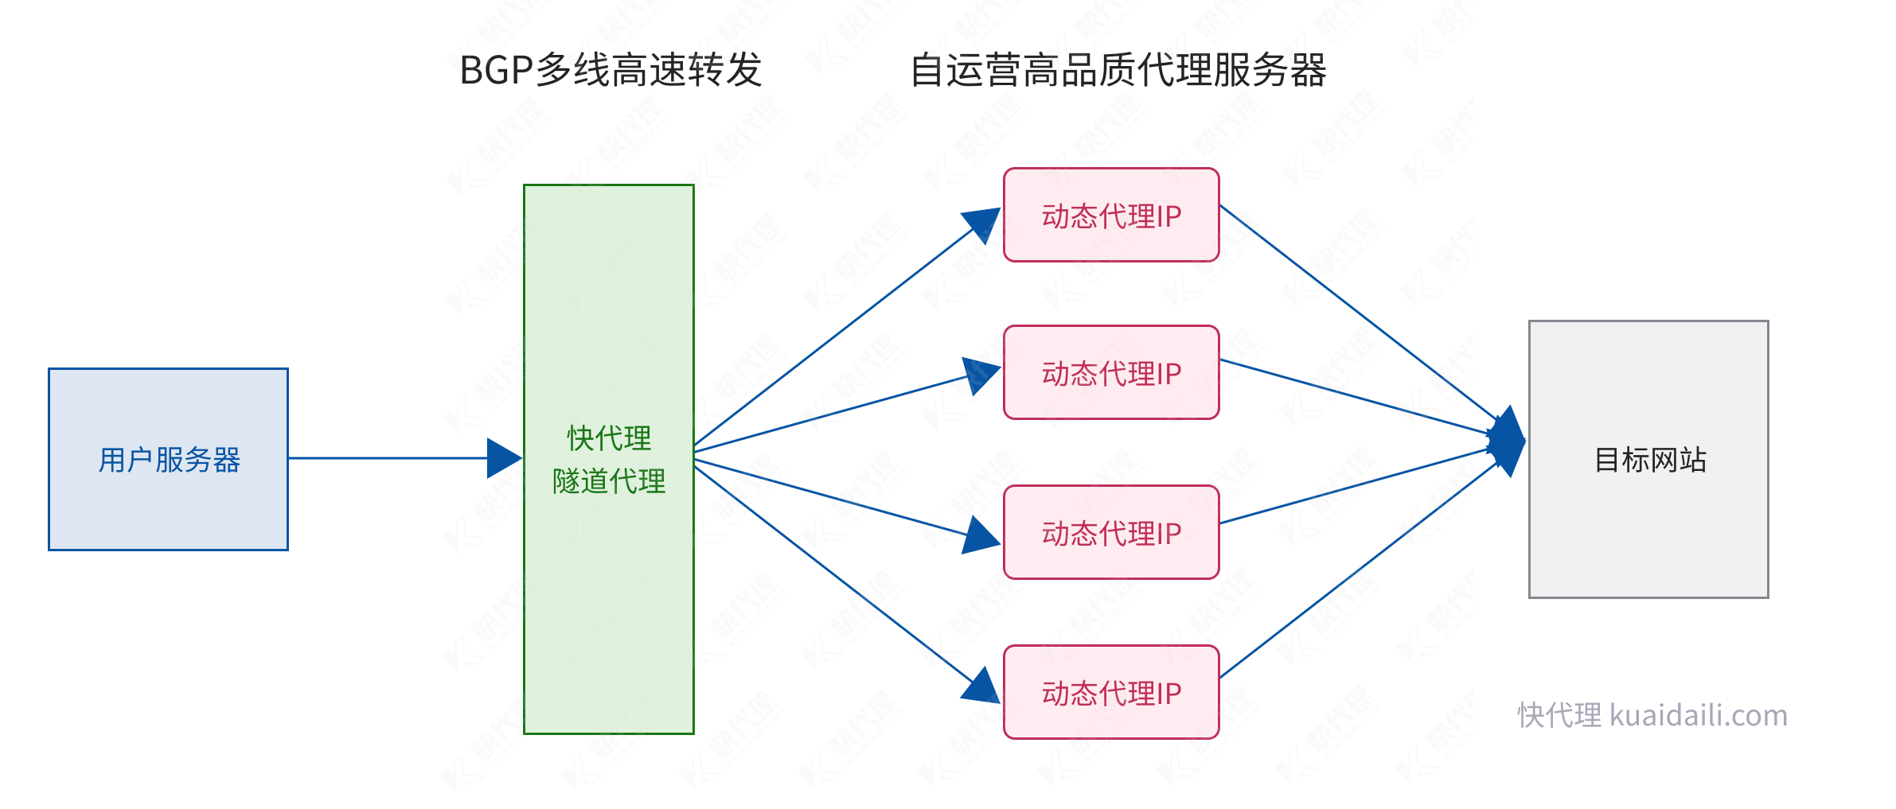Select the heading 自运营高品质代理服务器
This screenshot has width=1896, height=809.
pos(1118,71)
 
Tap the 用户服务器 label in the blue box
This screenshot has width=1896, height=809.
pos(169,460)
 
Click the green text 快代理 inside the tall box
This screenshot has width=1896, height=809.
pos(609,438)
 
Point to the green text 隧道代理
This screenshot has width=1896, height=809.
pos(609,481)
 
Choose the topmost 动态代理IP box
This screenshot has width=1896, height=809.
pos(1111,215)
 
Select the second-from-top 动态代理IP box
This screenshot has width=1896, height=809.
pos(1111,372)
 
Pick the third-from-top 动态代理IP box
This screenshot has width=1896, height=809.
pos(1111,532)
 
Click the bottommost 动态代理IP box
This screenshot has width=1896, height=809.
pos(1111,692)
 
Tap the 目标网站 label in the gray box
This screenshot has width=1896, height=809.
pos(1649,460)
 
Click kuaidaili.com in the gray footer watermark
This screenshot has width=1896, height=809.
pos(1699,715)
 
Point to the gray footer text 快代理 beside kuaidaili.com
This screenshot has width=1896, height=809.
pos(1559,715)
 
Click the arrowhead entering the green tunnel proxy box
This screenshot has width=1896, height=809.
pos(503,458)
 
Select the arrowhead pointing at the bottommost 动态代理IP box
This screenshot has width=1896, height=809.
pos(981,686)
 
